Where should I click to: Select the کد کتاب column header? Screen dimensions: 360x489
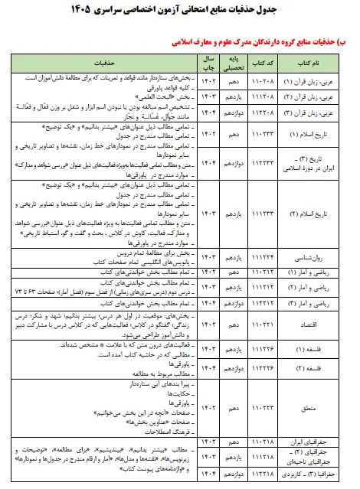click(264, 61)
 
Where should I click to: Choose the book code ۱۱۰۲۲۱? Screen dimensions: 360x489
click(264, 324)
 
